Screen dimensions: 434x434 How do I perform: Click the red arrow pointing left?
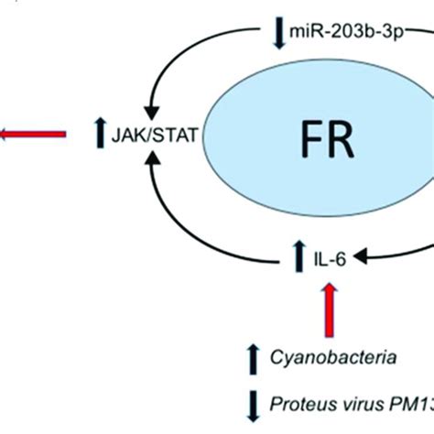click(32, 136)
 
